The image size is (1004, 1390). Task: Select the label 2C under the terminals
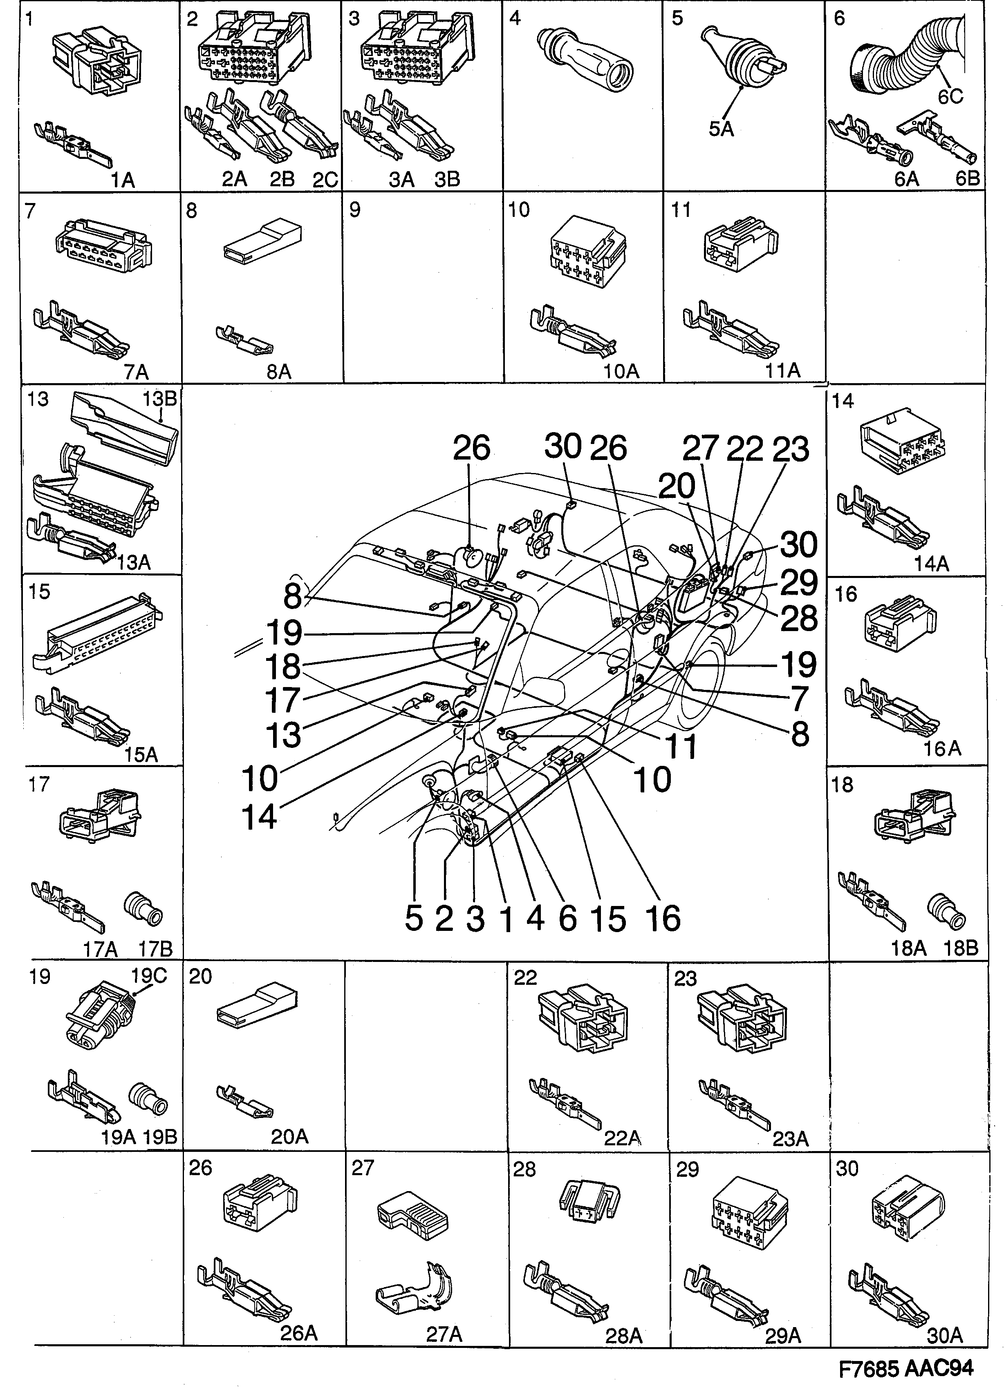(325, 180)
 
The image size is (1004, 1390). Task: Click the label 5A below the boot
(721, 129)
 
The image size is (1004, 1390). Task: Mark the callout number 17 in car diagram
(283, 700)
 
